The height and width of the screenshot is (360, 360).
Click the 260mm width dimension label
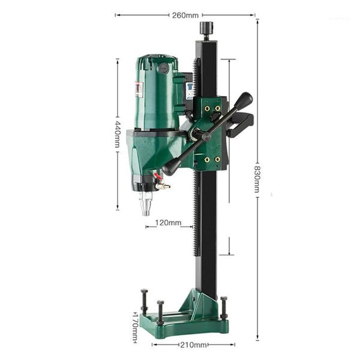[x=185, y=15]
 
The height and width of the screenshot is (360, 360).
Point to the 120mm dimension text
[x=168, y=223]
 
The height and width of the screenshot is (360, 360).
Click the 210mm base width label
[x=193, y=345]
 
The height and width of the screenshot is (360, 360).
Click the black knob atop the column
[x=208, y=28]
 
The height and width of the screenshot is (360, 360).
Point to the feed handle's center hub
[x=206, y=136]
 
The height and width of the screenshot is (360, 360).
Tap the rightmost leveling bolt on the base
[x=224, y=307]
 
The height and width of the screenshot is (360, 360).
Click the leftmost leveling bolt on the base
[x=145, y=303]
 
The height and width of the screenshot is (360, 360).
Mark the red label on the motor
[x=139, y=89]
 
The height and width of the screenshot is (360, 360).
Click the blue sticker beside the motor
[x=190, y=91]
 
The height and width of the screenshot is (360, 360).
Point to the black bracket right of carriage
[x=242, y=124]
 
